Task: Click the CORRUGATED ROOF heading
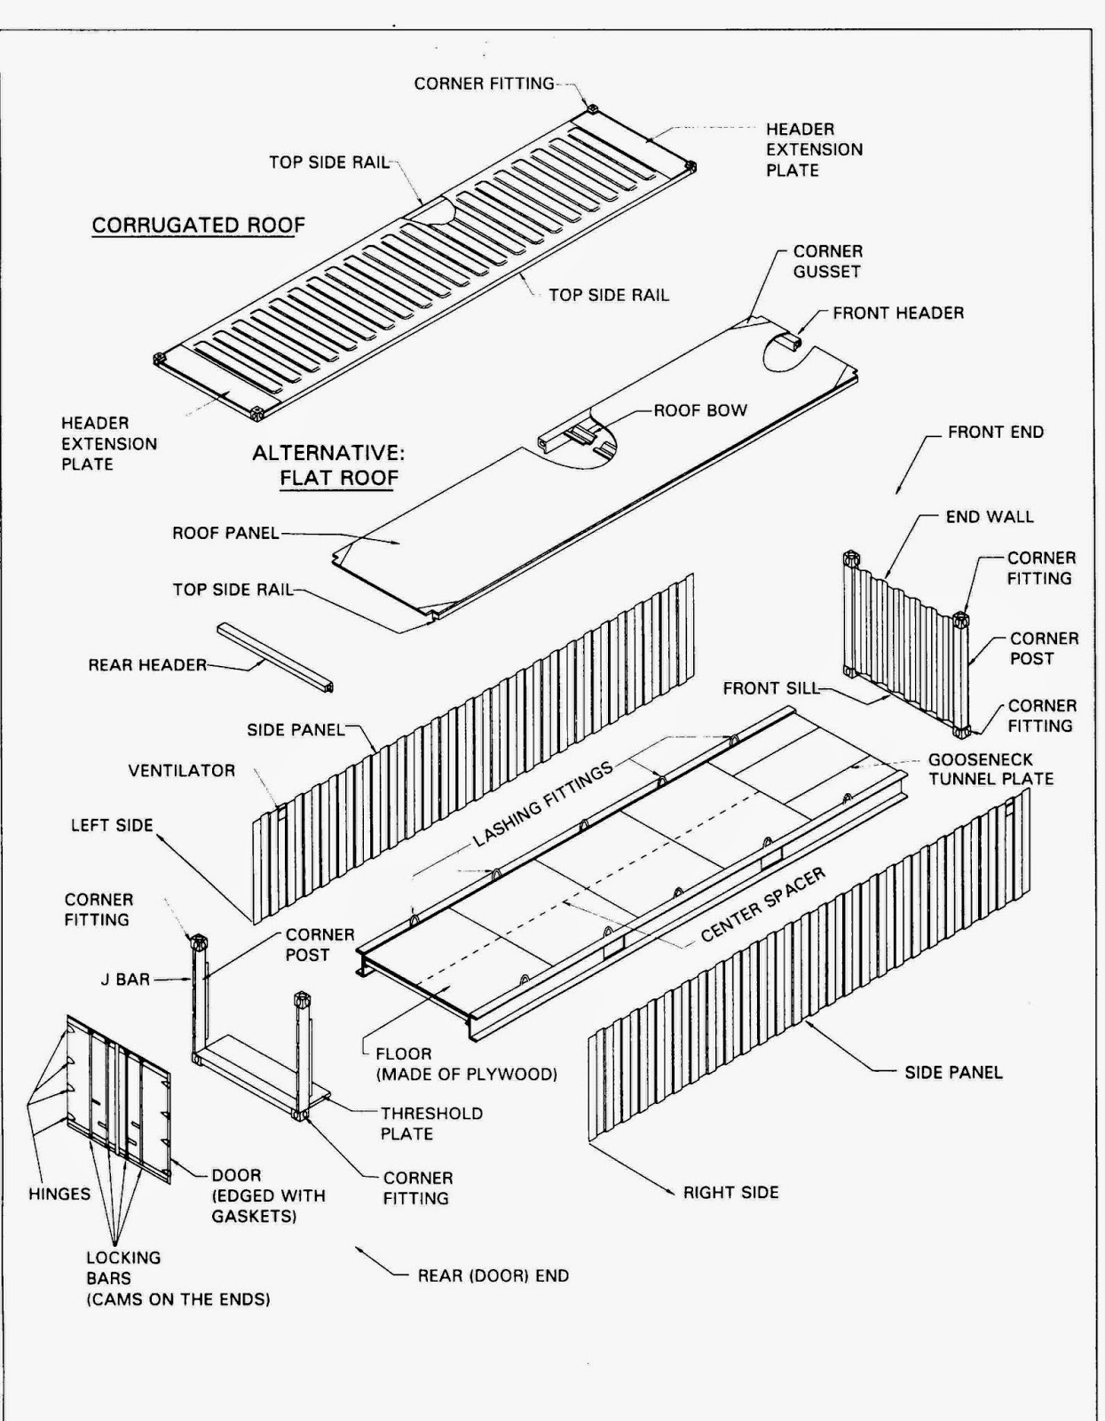pyautogui.click(x=198, y=225)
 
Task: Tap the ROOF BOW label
pyautogui.click(x=700, y=410)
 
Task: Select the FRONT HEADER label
pyautogui.click(x=897, y=313)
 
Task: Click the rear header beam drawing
pyautogui.click(x=275, y=657)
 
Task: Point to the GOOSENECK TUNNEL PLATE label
pyautogui.click(x=991, y=769)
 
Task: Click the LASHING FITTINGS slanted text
pyautogui.click(x=543, y=804)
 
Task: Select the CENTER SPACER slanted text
pyautogui.click(x=763, y=904)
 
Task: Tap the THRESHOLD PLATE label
pyautogui.click(x=431, y=1123)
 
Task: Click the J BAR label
pyautogui.click(x=125, y=979)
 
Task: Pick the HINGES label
pyautogui.click(x=59, y=1194)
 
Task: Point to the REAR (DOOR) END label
pyautogui.click(x=493, y=1275)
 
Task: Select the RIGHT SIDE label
pyautogui.click(x=730, y=1192)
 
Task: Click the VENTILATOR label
pyautogui.click(x=181, y=770)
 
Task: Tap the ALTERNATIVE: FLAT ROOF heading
pyautogui.click(x=328, y=465)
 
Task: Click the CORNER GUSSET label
pyautogui.click(x=827, y=261)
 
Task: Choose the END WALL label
pyautogui.click(x=989, y=516)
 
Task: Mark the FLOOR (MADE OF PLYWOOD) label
pyautogui.click(x=465, y=1064)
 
